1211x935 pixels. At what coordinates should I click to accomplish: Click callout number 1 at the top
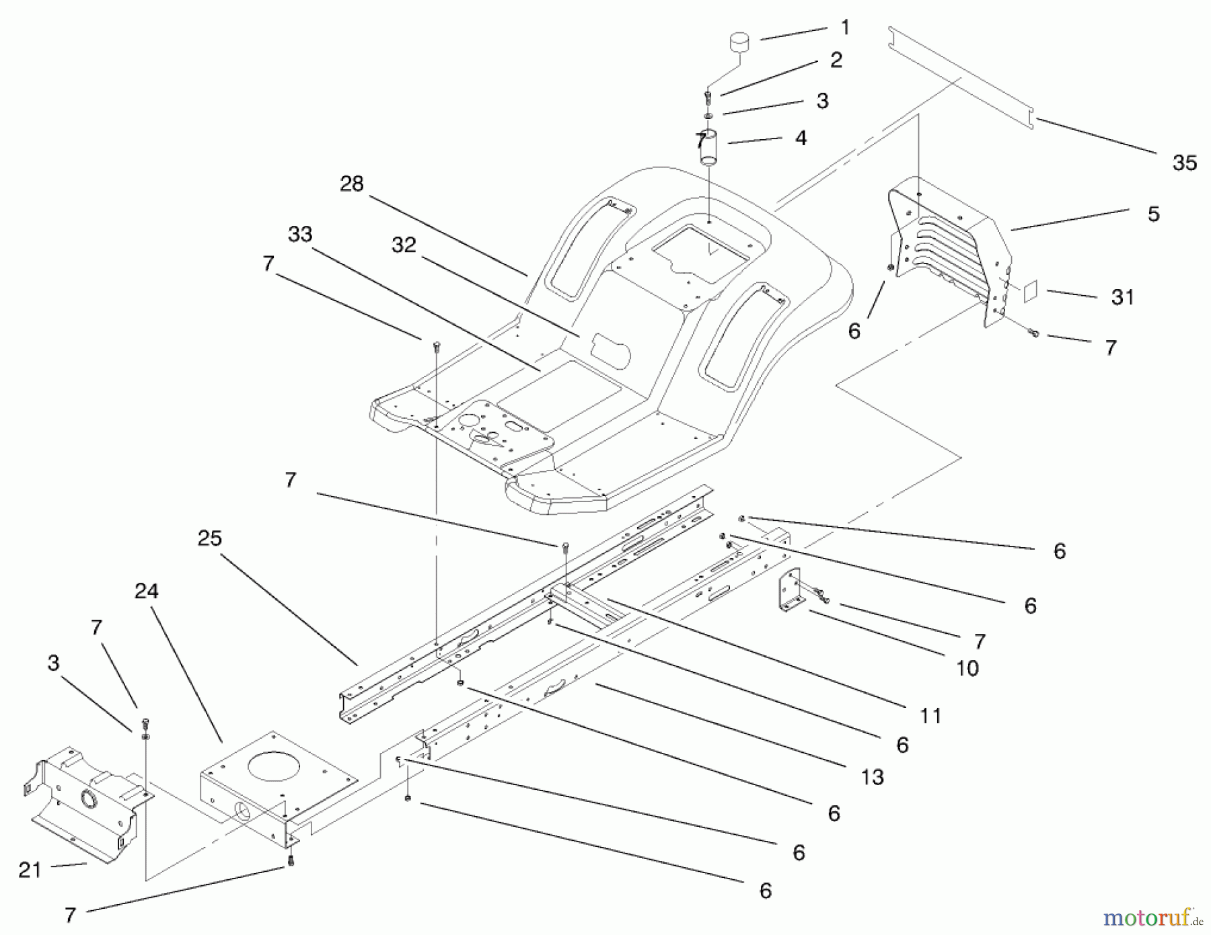(x=845, y=28)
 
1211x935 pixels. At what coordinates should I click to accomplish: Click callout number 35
(x=1185, y=163)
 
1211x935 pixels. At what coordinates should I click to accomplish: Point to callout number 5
(x=1154, y=214)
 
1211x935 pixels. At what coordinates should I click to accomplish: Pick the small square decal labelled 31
(x=1030, y=290)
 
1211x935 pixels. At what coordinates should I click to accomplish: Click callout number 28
(x=352, y=184)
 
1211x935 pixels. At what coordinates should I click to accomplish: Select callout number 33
(x=300, y=234)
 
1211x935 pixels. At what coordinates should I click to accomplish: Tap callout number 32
(x=404, y=245)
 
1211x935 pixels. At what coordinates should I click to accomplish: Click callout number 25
(x=210, y=538)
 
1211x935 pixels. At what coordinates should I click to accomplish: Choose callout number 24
(x=146, y=591)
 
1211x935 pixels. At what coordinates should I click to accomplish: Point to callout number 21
(x=30, y=870)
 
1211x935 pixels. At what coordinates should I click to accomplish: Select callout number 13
(x=872, y=777)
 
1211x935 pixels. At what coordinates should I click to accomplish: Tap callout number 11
(x=930, y=716)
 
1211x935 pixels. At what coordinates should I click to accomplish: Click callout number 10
(x=967, y=667)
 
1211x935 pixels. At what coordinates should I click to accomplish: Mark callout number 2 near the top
(x=836, y=60)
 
